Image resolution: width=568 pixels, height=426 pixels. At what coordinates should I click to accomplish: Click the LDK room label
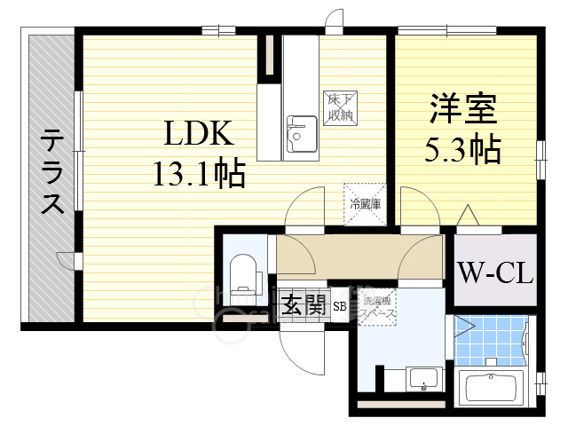(197, 135)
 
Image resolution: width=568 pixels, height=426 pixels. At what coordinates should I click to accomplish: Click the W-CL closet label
(495, 272)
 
